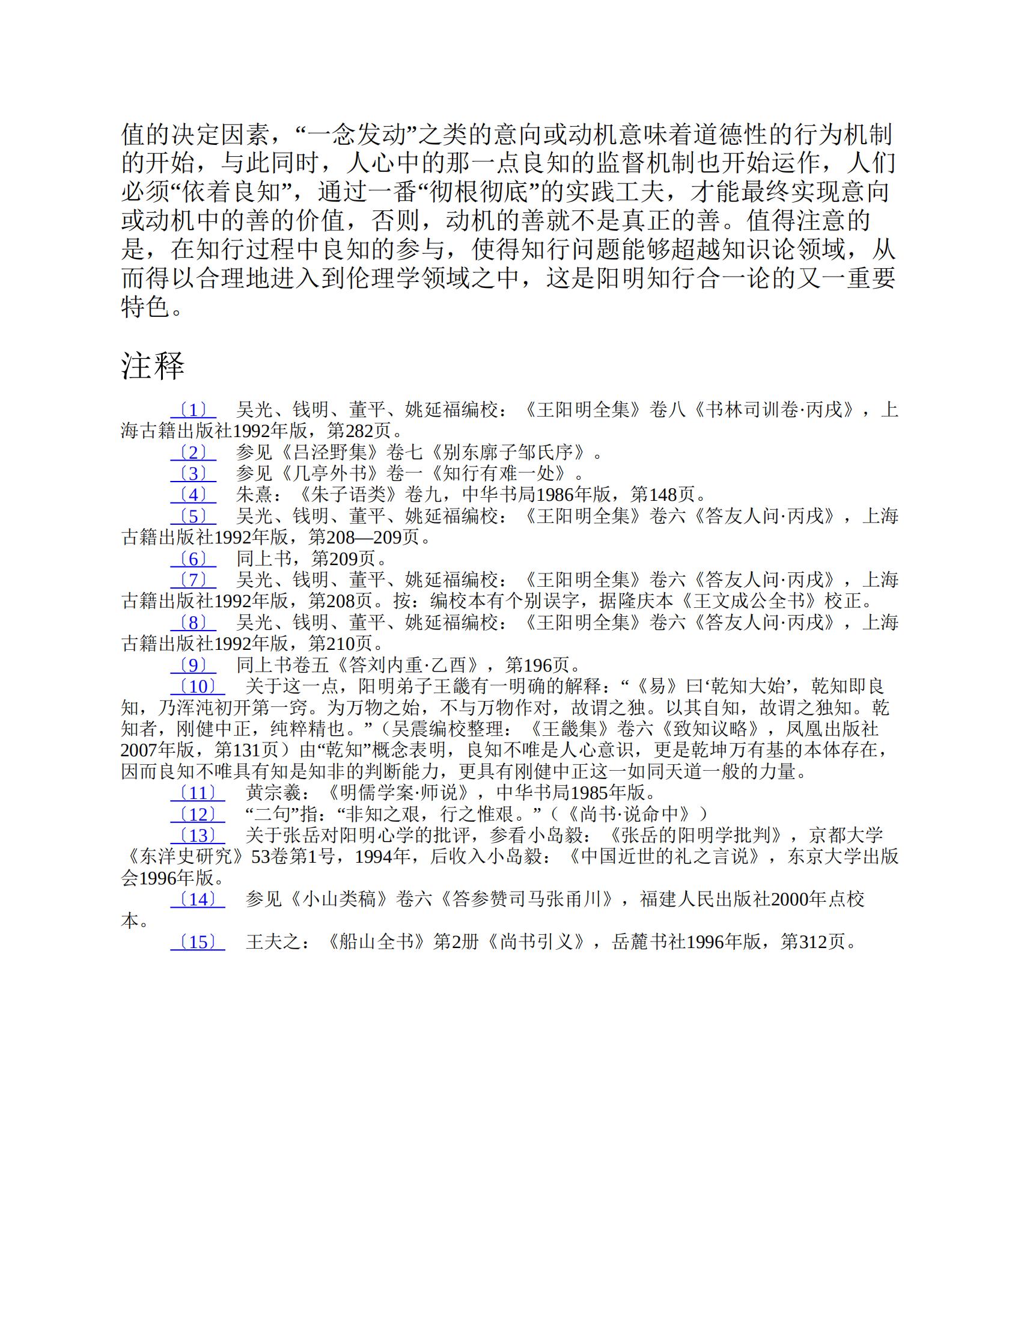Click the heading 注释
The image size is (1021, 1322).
[153, 366]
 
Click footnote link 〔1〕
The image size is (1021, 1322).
[193, 411]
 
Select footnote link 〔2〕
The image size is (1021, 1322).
[193, 453]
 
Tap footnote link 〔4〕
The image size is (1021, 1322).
[193, 495]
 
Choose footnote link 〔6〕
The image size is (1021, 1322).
[193, 558]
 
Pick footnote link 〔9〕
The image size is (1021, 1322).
[193, 666]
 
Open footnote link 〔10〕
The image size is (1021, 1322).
[197, 687]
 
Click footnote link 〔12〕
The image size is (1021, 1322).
[197, 814]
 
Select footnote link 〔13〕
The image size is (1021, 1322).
[197, 835]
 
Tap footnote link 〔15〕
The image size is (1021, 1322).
[197, 942]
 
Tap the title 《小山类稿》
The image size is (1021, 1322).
[339, 899]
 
